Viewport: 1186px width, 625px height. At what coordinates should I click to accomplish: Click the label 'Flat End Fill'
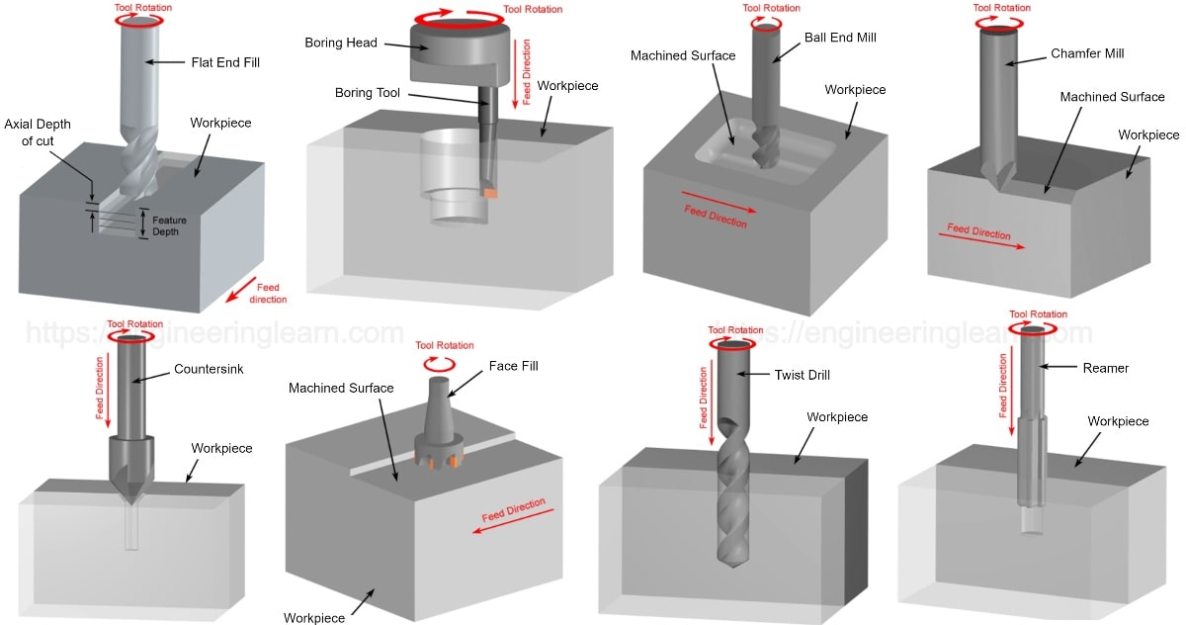pyautogui.click(x=225, y=62)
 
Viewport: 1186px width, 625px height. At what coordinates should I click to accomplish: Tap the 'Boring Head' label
pyautogui.click(x=341, y=43)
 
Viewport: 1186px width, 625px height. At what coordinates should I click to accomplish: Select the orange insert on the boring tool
pyautogui.click(x=490, y=193)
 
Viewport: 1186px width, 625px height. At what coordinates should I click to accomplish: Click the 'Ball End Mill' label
pyautogui.click(x=840, y=38)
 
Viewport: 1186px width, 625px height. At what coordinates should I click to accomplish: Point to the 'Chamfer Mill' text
pyautogui.click(x=1087, y=53)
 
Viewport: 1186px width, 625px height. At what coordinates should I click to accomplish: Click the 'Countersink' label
pyautogui.click(x=209, y=369)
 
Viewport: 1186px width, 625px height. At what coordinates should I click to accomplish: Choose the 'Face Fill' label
pyautogui.click(x=514, y=366)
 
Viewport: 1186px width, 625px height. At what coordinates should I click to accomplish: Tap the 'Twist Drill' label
pyautogui.click(x=803, y=375)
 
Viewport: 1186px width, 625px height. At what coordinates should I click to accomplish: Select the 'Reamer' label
pyautogui.click(x=1106, y=368)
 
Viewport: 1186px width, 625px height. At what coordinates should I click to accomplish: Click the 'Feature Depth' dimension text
pyautogui.click(x=169, y=225)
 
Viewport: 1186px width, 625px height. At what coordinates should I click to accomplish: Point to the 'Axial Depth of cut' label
pyautogui.click(x=38, y=133)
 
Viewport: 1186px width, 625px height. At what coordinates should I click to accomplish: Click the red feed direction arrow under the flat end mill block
pyautogui.click(x=241, y=290)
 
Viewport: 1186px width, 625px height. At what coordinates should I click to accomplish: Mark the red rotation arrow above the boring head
pyautogui.click(x=459, y=19)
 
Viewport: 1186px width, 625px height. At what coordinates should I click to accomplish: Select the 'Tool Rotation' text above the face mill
pyautogui.click(x=444, y=345)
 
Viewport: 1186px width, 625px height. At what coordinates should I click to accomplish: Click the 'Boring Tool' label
pyautogui.click(x=368, y=93)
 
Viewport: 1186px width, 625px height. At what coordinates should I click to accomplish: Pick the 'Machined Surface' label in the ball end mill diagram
pyautogui.click(x=683, y=55)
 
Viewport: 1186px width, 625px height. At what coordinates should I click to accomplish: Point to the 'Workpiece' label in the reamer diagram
pyautogui.click(x=1118, y=421)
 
